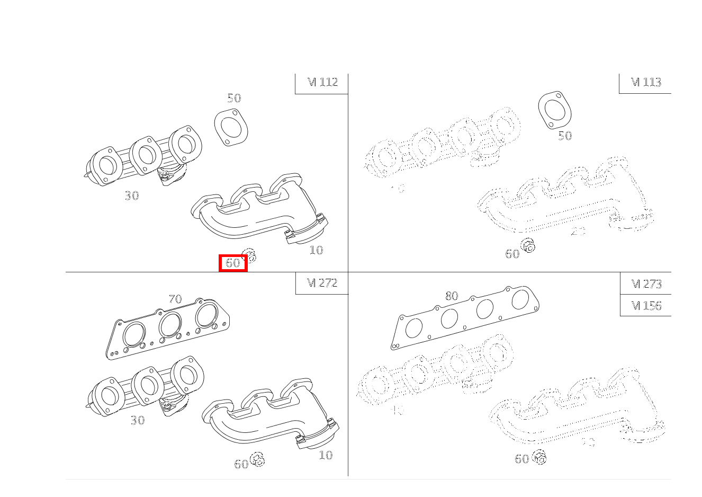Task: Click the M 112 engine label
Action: [322, 82]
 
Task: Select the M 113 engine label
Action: [645, 82]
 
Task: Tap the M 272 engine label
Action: [322, 283]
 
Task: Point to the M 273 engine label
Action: [646, 284]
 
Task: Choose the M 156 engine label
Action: [646, 306]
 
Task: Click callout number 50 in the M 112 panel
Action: [234, 98]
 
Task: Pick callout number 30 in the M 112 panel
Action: [132, 196]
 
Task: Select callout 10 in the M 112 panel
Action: [316, 250]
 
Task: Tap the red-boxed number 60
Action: [233, 263]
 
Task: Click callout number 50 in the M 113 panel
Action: [565, 136]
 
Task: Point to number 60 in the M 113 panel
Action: [512, 254]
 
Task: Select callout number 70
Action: [175, 299]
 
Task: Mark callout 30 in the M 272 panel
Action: [138, 420]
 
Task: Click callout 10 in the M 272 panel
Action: [326, 455]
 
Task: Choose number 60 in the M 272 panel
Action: [241, 464]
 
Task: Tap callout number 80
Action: [452, 296]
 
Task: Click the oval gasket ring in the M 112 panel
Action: [231, 128]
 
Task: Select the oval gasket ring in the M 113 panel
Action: [555, 110]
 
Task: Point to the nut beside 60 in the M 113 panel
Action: [528, 245]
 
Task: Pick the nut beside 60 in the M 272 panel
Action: [257, 459]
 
